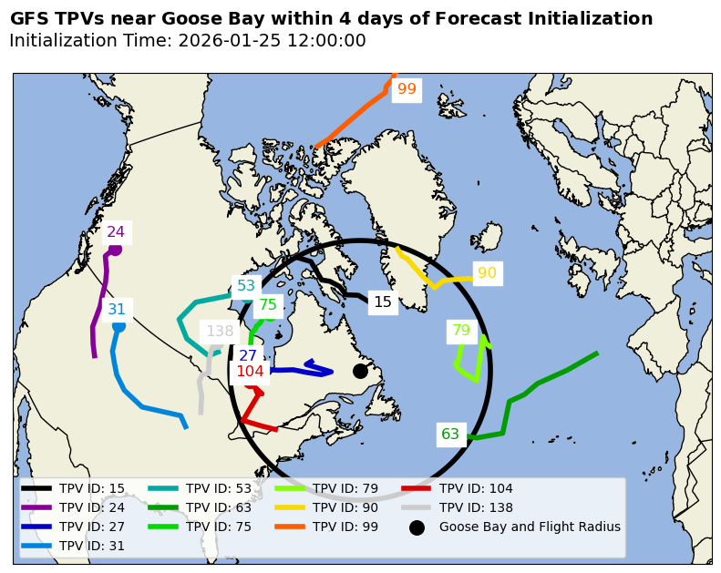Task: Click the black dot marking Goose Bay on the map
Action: (x=360, y=371)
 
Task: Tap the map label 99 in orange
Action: (x=407, y=89)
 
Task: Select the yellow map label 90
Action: (x=487, y=273)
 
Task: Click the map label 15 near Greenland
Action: (x=383, y=302)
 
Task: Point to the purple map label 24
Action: (x=116, y=232)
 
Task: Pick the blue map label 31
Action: (x=117, y=310)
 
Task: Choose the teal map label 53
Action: (x=246, y=286)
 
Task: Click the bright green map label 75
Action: (x=268, y=305)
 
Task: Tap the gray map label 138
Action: (x=220, y=332)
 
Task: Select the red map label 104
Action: (x=250, y=372)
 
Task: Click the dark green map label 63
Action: (x=450, y=435)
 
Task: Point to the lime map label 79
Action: (x=461, y=331)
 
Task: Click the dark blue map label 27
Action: (x=248, y=356)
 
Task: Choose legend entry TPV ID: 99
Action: (x=345, y=527)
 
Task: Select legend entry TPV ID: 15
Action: (x=91, y=488)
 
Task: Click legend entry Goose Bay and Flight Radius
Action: (x=530, y=527)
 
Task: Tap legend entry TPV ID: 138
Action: (x=476, y=507)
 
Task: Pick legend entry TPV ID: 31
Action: (x=91, y=546)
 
